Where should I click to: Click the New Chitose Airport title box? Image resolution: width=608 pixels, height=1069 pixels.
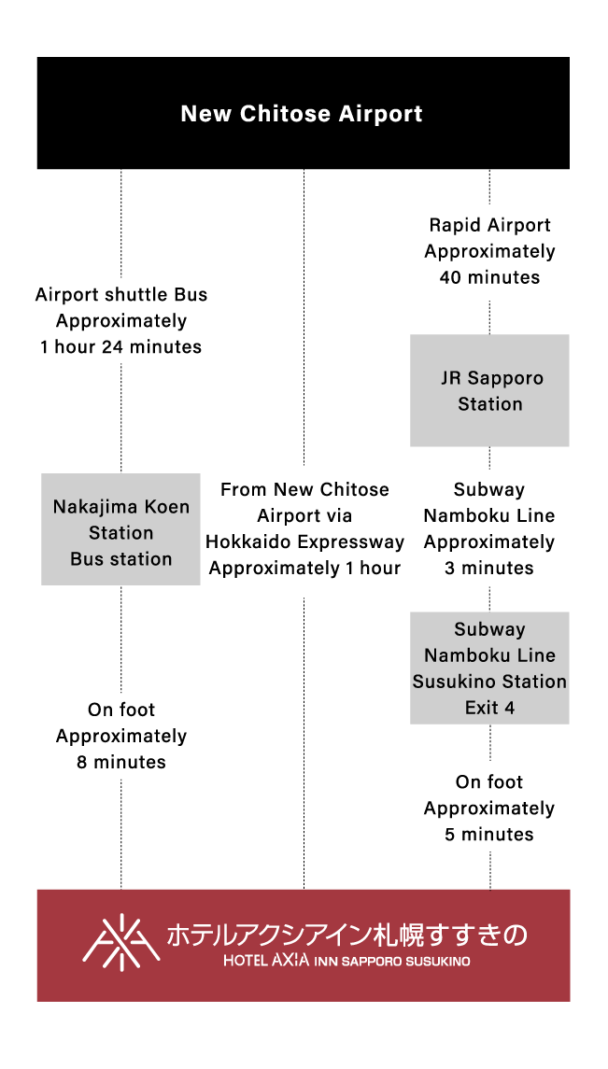point(303,113)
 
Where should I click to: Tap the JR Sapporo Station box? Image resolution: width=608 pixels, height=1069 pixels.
point(489,390)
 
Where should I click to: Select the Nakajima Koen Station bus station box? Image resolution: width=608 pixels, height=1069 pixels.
point(120,529)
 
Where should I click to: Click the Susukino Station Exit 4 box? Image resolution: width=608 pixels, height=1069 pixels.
point(489,668)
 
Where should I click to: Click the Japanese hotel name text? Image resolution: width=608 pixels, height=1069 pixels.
point(346,935)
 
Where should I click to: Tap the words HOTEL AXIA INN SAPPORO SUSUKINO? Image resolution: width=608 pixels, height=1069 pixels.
point(346,961)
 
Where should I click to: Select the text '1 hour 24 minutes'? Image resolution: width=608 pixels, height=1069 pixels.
point(120,347)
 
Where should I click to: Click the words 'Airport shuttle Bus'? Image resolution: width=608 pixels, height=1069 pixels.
point(120,295)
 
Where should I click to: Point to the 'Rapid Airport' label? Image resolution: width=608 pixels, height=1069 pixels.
point(489,225)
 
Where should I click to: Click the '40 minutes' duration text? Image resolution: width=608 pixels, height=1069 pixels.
point(489,277)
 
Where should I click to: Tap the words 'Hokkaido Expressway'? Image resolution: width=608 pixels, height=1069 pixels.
point(304,542)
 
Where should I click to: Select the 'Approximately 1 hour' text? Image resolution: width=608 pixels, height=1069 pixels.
point(304,568)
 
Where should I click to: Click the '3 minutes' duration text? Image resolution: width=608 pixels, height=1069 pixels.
point(489,568)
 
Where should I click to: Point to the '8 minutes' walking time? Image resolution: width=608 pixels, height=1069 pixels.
point(120,762)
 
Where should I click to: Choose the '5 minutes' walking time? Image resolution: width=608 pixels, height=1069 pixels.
point(489,835)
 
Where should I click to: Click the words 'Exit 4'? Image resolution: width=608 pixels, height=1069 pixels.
point(489,708)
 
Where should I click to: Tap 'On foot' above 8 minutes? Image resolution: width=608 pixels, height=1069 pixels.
point(120,710)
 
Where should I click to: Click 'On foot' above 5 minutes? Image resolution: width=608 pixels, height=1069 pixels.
point(489,782)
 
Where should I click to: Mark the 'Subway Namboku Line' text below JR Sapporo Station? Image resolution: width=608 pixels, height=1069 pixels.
point(489,502)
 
